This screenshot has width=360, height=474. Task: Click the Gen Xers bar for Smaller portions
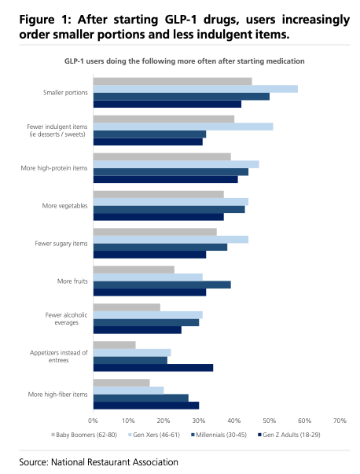(x=196, y=89)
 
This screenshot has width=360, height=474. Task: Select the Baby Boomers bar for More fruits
(x=134, y=270)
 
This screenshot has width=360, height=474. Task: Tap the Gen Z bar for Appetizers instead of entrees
(x=153, y=368)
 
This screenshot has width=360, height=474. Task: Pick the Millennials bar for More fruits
(x=162, y=285)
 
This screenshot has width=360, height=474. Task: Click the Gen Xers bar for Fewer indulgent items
(x=183, y=127)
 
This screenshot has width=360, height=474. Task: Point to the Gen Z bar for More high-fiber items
(x=146, y=406)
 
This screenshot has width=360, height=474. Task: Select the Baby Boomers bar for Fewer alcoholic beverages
(x=127, y=307)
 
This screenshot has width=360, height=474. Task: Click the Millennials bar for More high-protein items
(x=171, y=171)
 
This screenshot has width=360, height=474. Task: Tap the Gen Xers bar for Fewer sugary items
(x=171, y=240)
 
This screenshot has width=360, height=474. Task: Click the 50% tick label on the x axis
(x=269, y=421)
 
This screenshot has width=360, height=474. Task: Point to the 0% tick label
(x=93, y=421)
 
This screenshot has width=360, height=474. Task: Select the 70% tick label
(x=340, y=421)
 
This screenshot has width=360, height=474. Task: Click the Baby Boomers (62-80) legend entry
(x=84, y=435)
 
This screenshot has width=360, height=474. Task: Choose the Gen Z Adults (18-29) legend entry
(x=289, y=435)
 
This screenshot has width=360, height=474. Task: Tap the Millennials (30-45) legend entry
(x=219, y=435)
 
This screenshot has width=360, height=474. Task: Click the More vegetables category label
(x=64, y=206)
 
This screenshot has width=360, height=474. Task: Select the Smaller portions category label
(x=65, y=93)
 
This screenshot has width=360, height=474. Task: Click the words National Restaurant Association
(x=115, y=462)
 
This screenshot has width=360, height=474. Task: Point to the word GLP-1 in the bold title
(x=181, y=20)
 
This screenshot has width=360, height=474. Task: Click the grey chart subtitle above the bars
(x=185, y=61)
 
